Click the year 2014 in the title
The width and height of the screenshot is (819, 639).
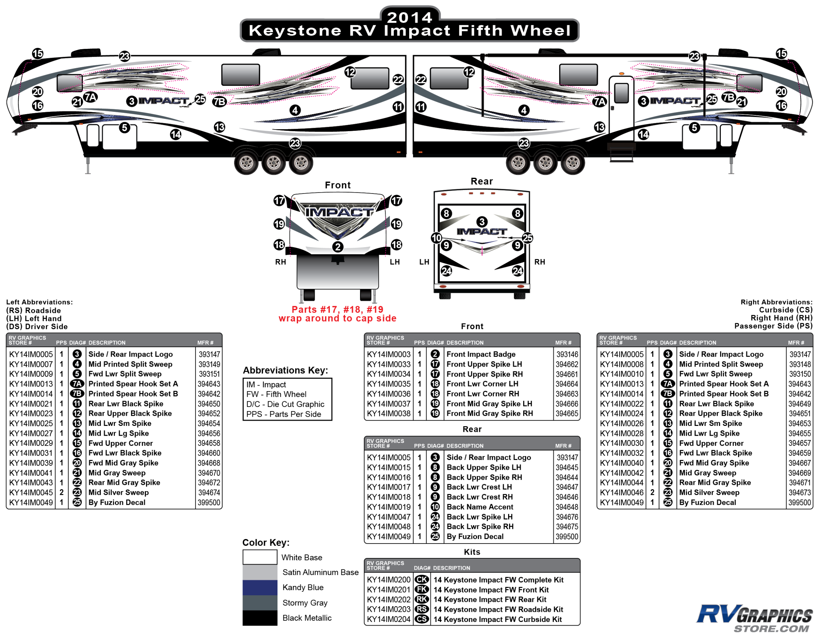pos(409,17)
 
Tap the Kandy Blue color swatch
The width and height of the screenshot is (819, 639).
pos(259,588)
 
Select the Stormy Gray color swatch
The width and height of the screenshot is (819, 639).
pos(259,603)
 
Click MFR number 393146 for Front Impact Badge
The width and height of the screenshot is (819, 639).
pos(567,354)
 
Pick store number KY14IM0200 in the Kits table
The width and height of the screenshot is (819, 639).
pos(389,580)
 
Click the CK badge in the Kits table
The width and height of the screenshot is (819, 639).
pos(422,580)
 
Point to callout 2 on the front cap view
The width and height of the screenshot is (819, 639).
pos(338,247)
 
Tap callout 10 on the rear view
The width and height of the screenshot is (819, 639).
pos(436,238)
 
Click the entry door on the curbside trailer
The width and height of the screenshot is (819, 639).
pos(621,109)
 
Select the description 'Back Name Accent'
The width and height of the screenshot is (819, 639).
pos(480,507)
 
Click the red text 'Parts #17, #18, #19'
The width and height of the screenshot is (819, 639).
pos(337,310)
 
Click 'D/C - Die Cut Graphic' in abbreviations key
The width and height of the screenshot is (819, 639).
pos(285,404)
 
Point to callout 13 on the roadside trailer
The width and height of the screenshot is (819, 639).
pos(219,127)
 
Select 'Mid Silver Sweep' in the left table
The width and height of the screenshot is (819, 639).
pos(119,493)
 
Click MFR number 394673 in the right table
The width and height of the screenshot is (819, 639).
pos(799,493)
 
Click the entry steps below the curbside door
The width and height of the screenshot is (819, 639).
pos(621,152)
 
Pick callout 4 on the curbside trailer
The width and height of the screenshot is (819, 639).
pos(524,110)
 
